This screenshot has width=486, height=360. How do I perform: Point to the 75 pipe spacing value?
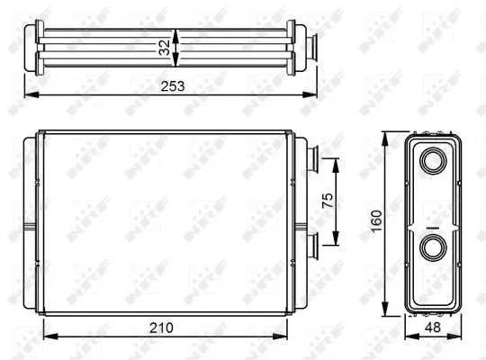click(327, 200)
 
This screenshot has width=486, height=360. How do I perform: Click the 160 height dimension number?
click(377, 220)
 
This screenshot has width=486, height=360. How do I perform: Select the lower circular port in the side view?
click(431, 247)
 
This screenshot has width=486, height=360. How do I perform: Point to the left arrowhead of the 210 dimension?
click(48, 337)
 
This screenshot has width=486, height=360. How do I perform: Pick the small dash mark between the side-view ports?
click(432, 227)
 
